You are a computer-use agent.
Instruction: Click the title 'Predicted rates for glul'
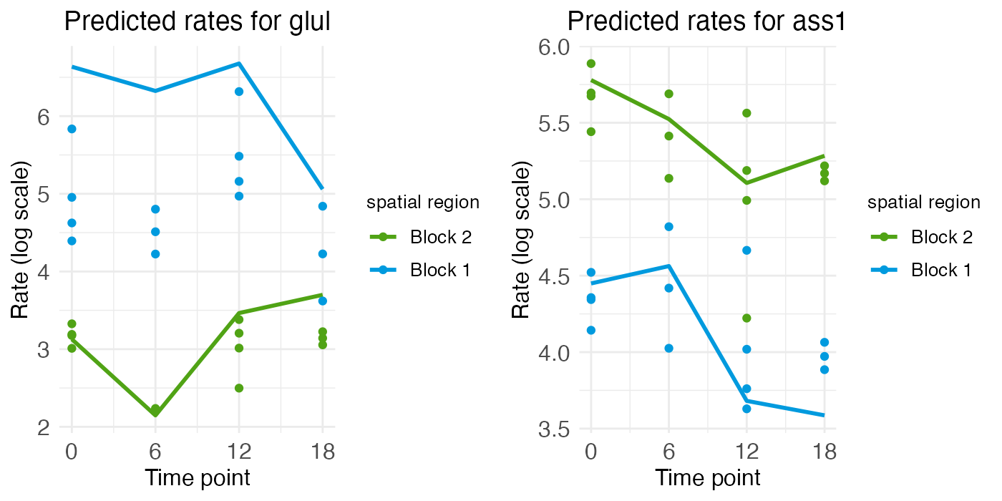point(197,22)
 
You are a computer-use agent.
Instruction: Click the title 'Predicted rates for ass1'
point(706,22)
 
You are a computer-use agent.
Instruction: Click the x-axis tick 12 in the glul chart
point(239,453)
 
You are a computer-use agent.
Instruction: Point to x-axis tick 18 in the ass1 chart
point(825,453)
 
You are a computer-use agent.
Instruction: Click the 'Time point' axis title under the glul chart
point(198,478)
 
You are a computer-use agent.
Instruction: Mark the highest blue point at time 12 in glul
point(239,92)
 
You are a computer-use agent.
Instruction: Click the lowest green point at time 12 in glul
point(239,388)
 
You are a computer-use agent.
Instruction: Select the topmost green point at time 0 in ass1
point(591,64)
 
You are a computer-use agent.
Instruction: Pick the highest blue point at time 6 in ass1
point(668,227)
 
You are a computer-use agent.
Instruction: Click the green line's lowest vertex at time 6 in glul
point(155,414)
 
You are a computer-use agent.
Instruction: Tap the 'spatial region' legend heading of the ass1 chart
point(924,203)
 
